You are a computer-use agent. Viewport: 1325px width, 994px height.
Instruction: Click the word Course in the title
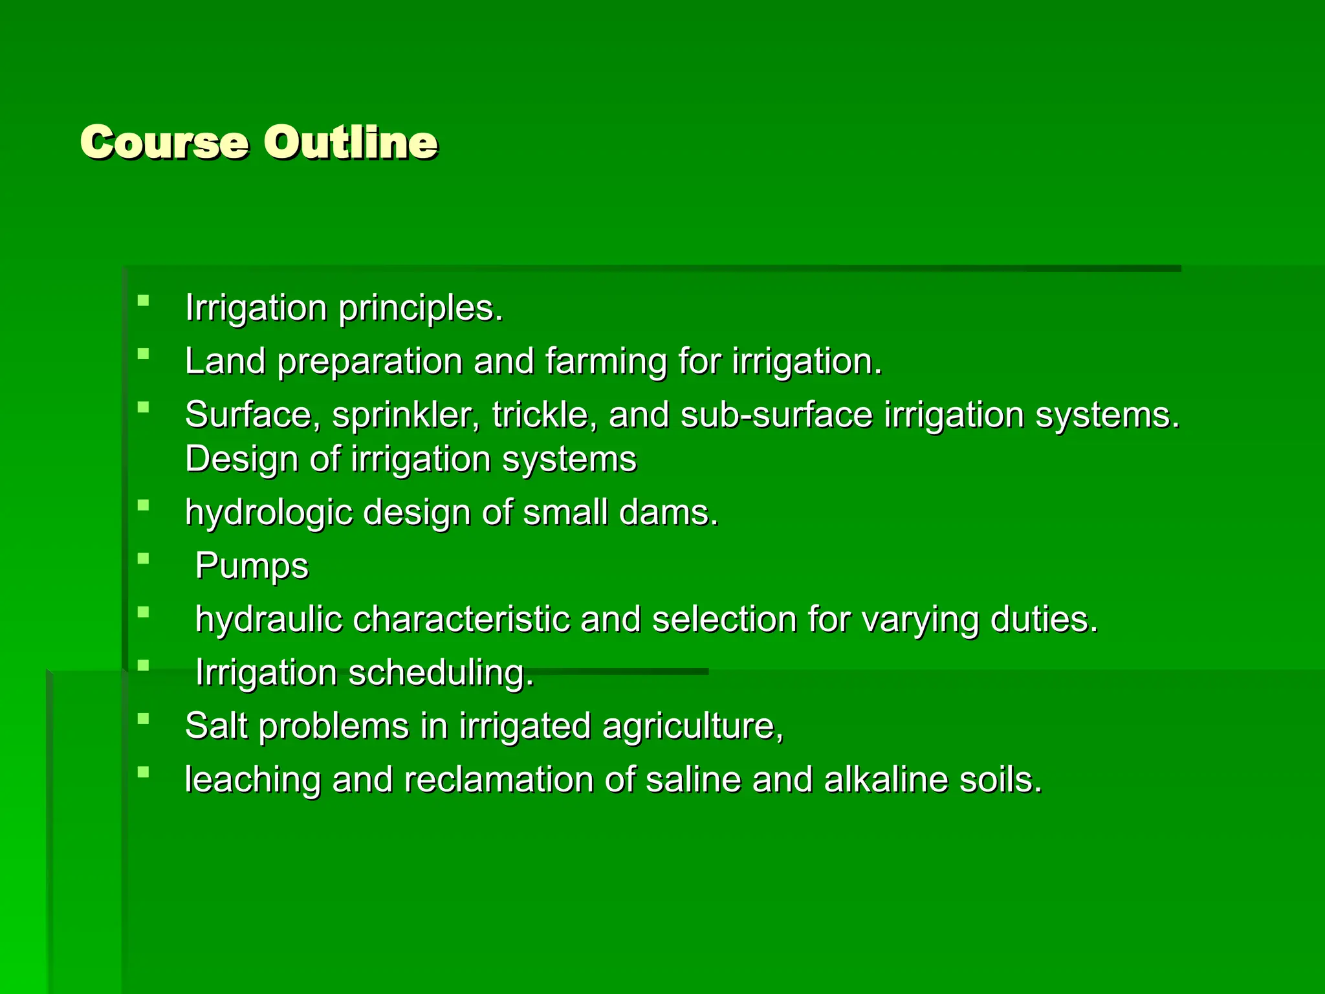tap(164, 142)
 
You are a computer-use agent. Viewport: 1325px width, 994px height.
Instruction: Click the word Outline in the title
tap(350, 142)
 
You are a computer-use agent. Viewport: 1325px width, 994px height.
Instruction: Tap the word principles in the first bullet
tap(421, 309)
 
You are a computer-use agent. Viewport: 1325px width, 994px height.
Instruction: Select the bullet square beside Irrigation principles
tap(144, 300)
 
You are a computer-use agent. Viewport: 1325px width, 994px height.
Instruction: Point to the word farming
tap(606, 362)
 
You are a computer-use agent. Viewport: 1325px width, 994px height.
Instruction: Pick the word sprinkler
tap(406, 415)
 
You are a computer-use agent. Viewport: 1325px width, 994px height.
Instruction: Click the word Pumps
tap(252, 567)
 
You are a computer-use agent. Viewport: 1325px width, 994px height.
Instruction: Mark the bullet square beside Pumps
tap(144, 558)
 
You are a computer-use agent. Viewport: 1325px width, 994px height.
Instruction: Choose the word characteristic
tap(461, 620)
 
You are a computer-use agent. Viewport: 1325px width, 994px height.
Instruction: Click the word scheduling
tap(441, 673)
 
